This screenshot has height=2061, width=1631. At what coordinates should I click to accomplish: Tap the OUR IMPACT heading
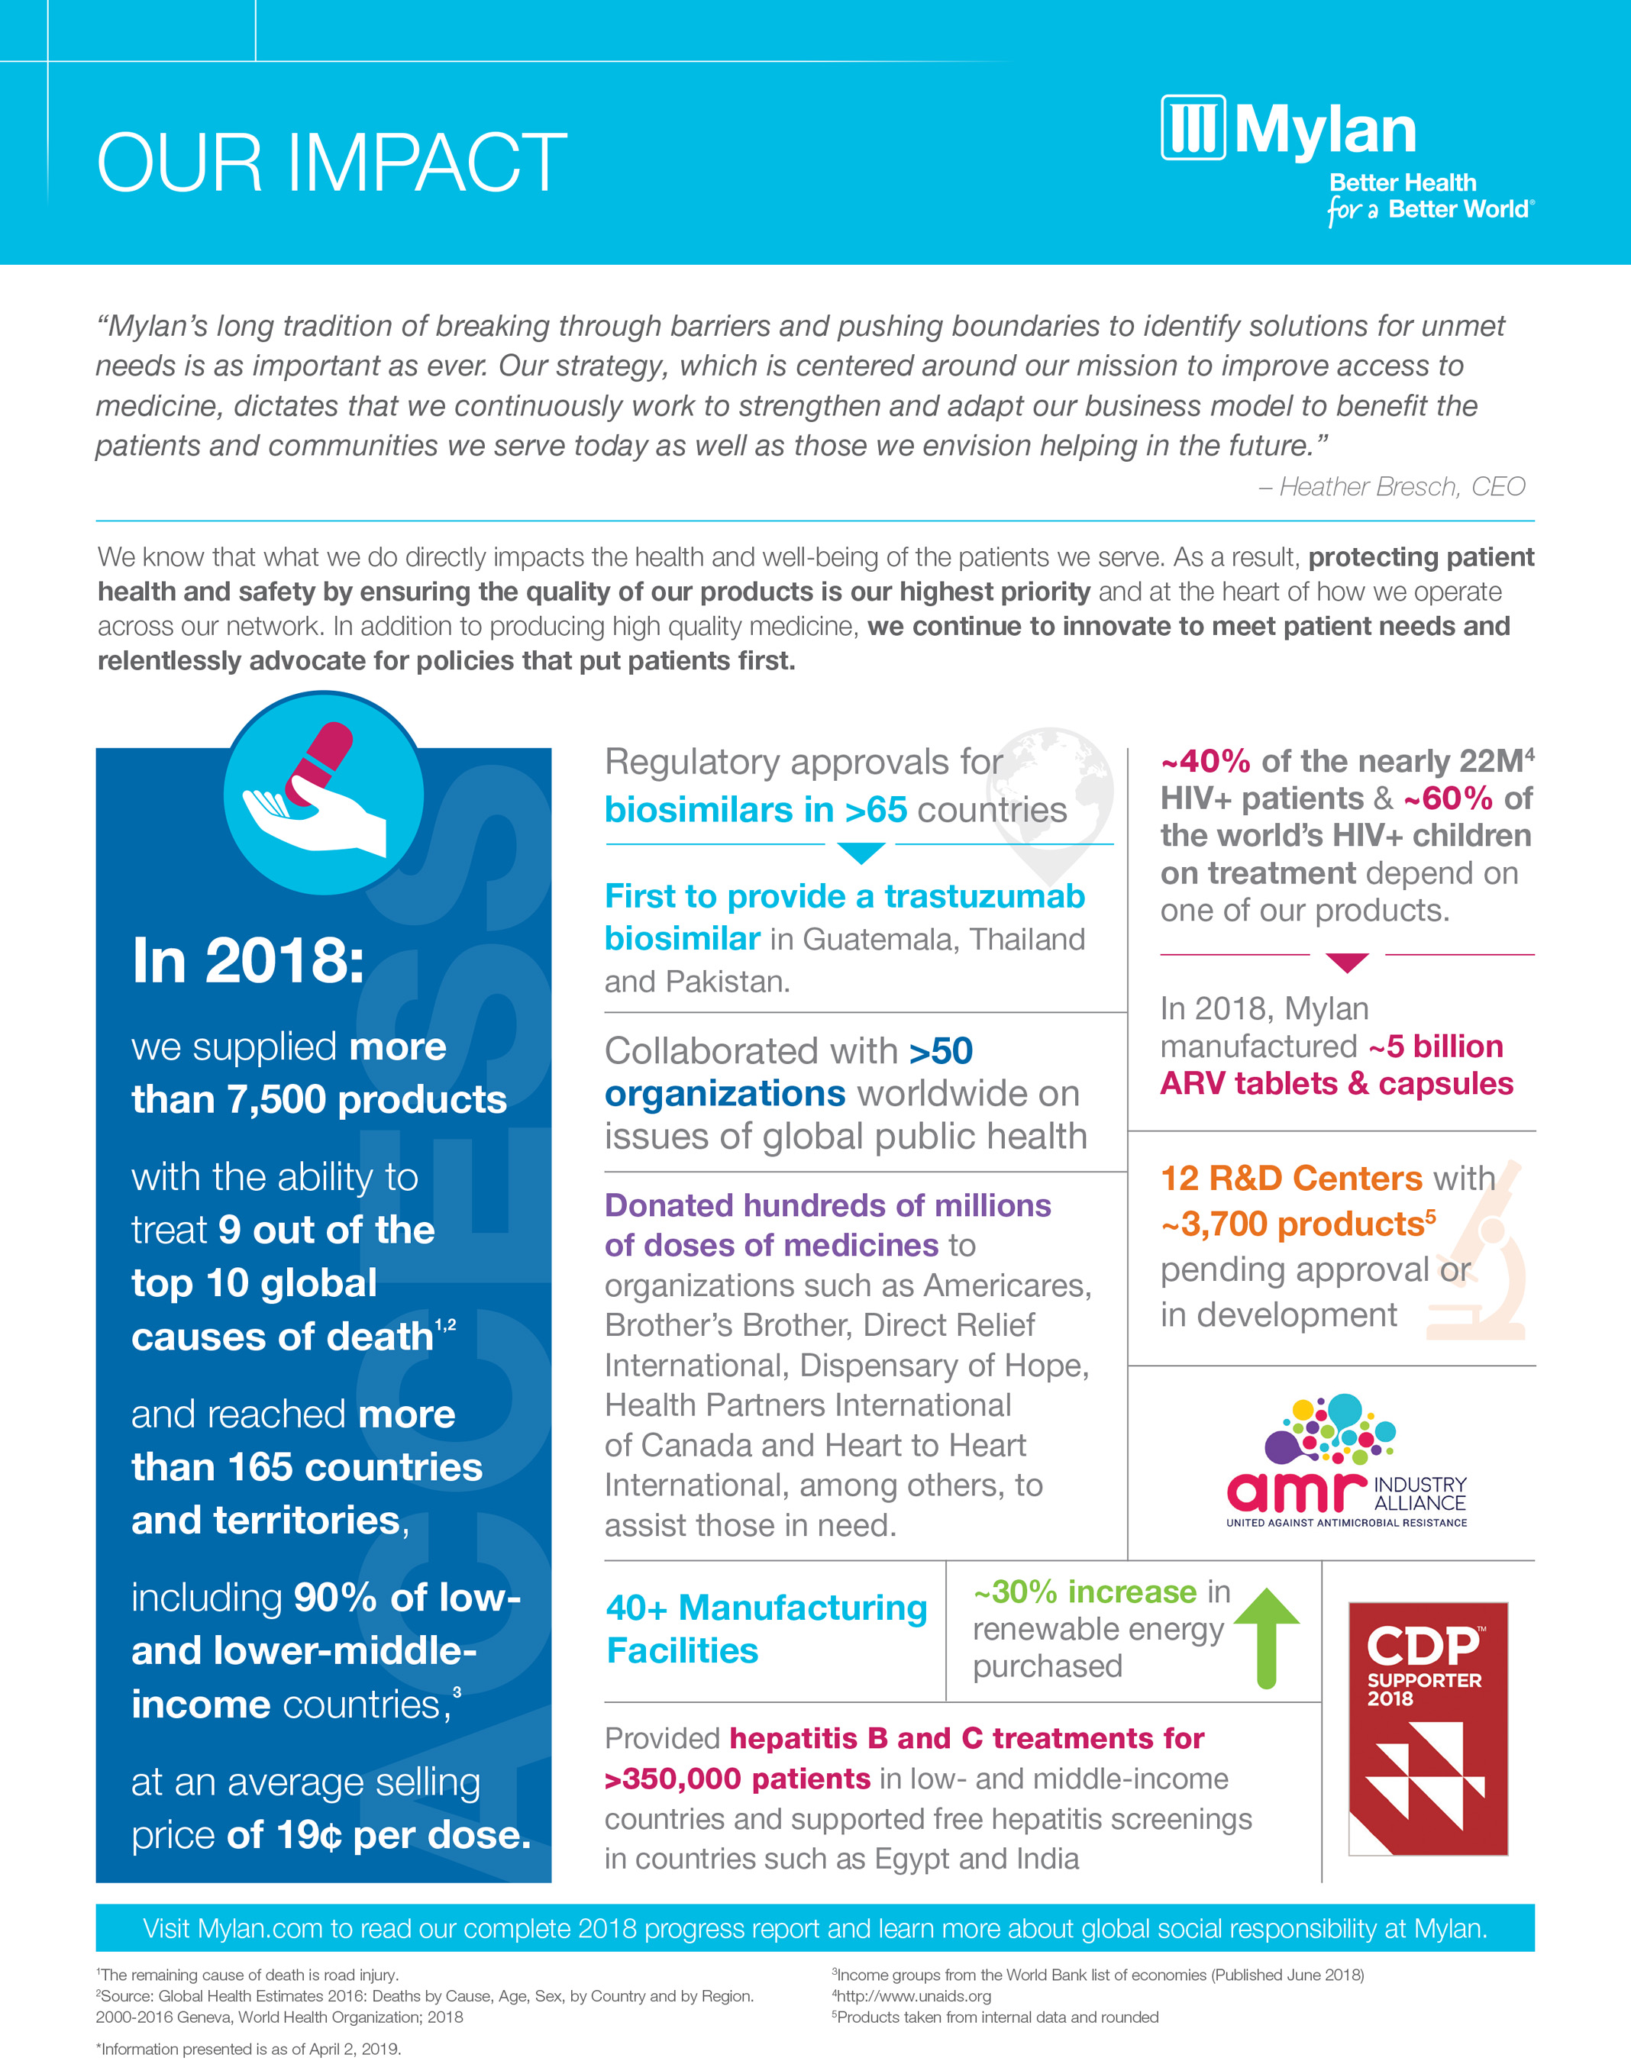tap(331, 163)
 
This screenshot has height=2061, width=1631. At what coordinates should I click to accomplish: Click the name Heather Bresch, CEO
tap(1401, 487)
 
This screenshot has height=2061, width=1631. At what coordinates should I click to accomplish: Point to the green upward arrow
tap(1266, 1636)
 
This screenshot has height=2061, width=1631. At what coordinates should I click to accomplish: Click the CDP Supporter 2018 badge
tap(1426, 1728)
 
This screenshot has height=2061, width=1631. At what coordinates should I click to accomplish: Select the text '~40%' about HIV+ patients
tap(1205, 762)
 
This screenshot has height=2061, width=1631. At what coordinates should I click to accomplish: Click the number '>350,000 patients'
tap(737, 1779)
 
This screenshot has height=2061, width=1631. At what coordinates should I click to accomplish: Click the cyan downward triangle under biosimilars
tap(860, 853)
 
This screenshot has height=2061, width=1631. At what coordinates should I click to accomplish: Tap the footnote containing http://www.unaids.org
tap(914, 1996)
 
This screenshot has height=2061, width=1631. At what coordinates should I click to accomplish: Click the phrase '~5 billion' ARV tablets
tap(1436, 1047)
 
